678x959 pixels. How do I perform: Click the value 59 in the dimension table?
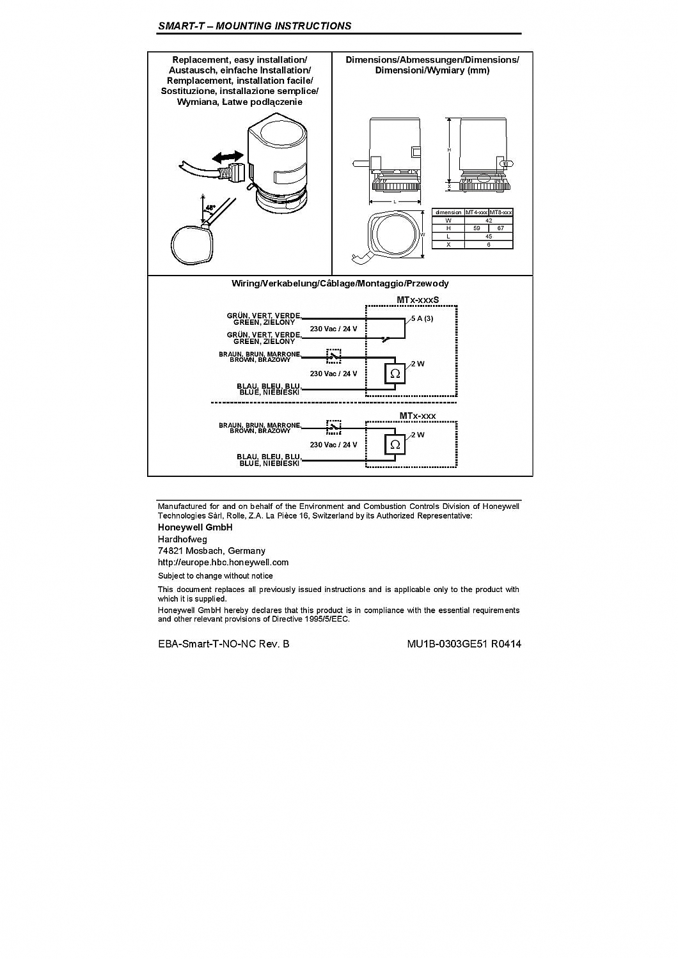coord(476,228)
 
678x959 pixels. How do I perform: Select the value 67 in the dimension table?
coord(500,228)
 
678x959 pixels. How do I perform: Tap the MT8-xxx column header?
coord(501,212)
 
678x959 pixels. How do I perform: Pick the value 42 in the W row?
coord(489,221)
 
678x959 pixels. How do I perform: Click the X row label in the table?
coord(448,244)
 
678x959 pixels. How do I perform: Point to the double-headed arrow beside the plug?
coord(228,156)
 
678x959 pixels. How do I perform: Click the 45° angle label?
coord(210,208)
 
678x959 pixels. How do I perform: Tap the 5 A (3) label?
coord(422,318)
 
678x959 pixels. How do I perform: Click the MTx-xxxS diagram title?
coord(418,299)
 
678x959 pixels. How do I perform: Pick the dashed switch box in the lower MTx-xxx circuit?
coord(333,426)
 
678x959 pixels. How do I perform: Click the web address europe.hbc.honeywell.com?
coord(223,563)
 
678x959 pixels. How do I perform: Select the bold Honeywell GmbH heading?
coord(195,527)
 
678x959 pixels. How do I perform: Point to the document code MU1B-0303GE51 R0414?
coord(464,644)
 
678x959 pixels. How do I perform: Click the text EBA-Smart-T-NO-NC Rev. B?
coord(223,644)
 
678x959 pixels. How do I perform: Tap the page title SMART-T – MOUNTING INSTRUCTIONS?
coord(254,26)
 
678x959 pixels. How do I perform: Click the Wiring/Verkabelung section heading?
coord(340,283)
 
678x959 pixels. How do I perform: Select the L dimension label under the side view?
coord(395,202)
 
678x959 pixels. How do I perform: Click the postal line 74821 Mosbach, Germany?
coord(211,550)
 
